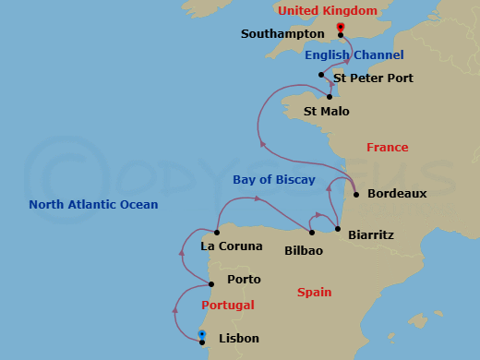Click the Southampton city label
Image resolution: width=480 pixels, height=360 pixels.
coord(282,34)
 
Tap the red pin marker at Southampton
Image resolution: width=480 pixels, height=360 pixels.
coord(341,30)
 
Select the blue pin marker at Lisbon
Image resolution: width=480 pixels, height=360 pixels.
coord(202,337)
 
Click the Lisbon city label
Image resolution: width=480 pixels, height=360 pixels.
coord(239,339)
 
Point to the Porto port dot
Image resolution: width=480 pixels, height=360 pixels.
coord(211,283)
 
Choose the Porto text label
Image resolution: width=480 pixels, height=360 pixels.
coord(244,280)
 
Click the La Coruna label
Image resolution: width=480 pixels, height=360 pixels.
coord(225,246)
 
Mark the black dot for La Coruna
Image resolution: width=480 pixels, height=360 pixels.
coord(217,232)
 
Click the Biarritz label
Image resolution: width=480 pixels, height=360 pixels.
coord(371,235)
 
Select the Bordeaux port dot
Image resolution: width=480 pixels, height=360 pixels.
coord(355,195)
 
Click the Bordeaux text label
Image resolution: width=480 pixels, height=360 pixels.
coord(397,194)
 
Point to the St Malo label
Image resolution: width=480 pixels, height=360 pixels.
coord(327,112)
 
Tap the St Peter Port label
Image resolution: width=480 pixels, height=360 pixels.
coord(374,78)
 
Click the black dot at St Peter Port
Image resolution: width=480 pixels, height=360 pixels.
coord(321,75)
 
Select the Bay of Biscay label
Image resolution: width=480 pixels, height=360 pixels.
coord(274,180)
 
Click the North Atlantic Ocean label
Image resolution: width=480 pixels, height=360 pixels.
coord(93,205)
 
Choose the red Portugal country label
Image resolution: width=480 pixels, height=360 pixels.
coord(227,306)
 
